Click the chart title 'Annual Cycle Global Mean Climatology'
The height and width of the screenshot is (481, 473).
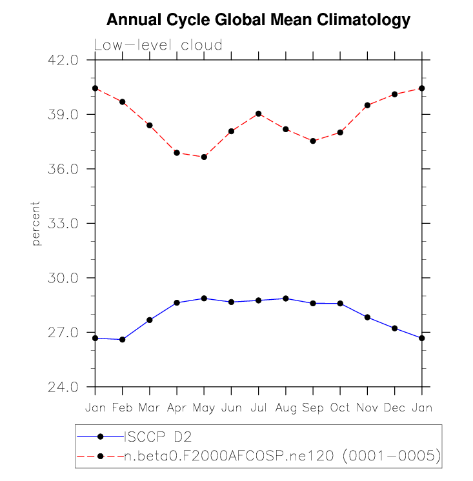(x=257, y=21)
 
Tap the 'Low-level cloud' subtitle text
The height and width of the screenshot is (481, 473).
(x=158, y=45)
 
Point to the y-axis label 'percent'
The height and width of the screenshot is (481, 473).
(x=36, y=223)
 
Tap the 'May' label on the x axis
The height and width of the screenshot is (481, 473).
(x=204, y=408)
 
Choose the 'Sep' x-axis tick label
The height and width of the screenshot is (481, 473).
(x=313, y=408)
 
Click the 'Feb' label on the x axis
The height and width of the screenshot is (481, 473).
(x=122, y=408)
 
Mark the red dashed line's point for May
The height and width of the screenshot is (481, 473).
(x=204, y=157)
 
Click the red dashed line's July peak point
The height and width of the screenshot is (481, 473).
(x=259, y=113)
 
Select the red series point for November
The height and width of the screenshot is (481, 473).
(x=367, y=105)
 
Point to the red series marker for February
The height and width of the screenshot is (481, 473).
(x=122, y=102)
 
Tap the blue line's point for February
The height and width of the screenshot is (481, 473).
(x=122, y=340)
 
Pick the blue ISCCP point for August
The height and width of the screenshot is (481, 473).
(x=286, y=299)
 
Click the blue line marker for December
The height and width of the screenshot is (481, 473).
(x=395, y=328)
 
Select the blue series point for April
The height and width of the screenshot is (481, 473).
(x=177, y=302)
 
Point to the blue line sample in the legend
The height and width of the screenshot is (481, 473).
(x=101, y=437)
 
